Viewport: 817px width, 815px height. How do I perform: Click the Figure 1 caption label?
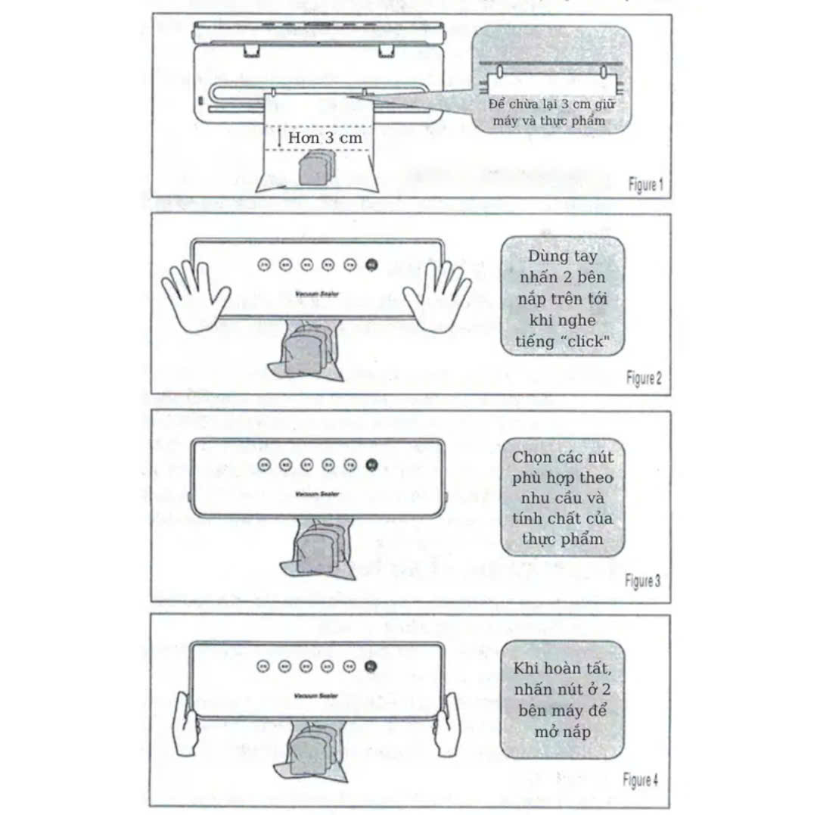645,184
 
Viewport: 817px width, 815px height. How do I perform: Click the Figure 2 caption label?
644,378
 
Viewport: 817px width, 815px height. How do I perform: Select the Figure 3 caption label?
642,581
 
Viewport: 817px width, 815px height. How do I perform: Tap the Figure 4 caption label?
641,779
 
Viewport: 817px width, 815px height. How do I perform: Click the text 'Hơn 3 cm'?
325,138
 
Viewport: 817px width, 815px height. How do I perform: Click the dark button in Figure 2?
371,265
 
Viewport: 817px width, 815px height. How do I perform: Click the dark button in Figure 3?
371,465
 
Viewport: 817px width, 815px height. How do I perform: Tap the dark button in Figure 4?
370,666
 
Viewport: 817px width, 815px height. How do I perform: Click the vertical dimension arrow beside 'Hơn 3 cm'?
280,138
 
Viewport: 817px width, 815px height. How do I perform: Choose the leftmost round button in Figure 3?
263,465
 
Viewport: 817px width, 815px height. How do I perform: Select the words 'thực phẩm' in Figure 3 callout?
562,540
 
